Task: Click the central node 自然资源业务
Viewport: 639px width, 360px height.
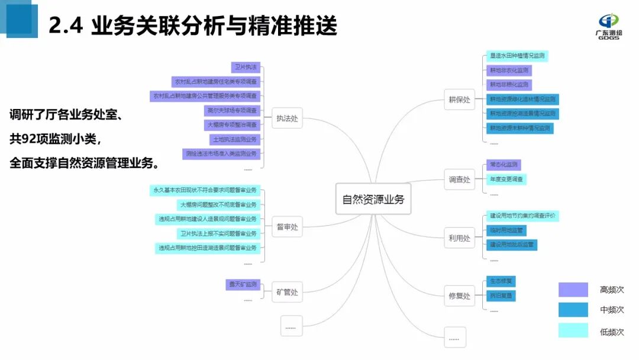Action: [x=373, y=199]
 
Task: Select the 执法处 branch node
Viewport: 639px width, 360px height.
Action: [x=287, y=118]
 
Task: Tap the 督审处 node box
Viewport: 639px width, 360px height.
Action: [x=287, y=226]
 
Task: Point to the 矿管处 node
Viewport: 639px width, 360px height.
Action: [x=287, y=292]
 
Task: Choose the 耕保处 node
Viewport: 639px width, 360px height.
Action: [x=459, y=99]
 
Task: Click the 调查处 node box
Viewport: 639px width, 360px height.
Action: [x=459, y=179]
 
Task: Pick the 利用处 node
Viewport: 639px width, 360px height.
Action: [x=459, y=238]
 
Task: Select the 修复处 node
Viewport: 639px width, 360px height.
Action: [x=459, y=295]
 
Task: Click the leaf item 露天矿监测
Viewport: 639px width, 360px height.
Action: [x=243, y=285]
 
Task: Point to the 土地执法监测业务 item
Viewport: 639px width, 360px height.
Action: [x=235, y=139]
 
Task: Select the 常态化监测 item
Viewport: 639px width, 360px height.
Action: [x=502, y=165]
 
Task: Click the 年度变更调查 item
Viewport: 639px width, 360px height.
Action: [x=506, y=179]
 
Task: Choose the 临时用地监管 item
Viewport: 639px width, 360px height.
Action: [x=506, y=230]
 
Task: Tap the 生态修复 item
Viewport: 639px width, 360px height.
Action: [x=501, y=281]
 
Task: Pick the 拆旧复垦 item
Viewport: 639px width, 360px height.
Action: [x=501, y=295]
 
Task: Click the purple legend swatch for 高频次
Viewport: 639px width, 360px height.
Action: [x=573, y=290]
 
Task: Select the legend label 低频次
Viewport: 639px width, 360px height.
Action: [x=612, y=332]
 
